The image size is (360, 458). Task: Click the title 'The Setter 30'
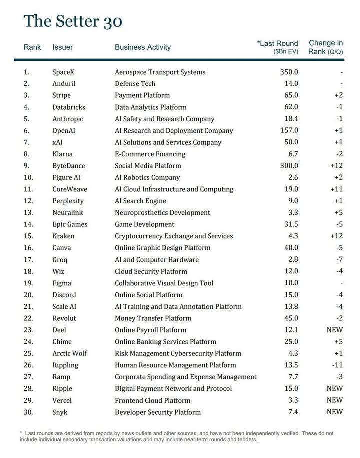73,21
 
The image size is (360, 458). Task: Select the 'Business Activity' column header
143,47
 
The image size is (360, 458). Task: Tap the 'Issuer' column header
62,47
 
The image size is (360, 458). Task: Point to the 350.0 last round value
289,72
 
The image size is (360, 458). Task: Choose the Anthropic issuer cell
68,119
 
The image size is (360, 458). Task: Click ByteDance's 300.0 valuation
289,166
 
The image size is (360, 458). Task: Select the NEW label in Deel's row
334,330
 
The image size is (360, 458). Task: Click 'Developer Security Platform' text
158,412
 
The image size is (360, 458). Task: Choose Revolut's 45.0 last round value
289,318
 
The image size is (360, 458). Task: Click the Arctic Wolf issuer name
69,353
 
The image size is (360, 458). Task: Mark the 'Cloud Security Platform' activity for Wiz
151,271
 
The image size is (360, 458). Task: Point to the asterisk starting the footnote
21,433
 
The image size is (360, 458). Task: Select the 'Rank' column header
32,47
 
